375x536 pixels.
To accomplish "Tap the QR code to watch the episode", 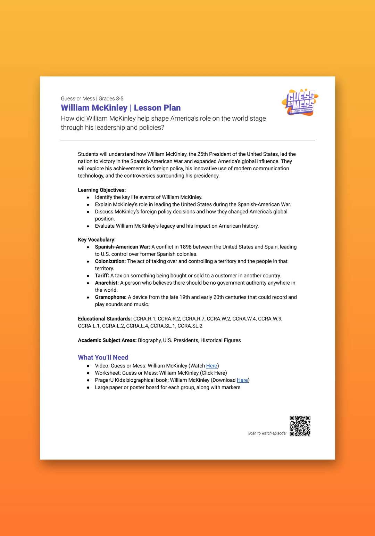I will click(300, 426).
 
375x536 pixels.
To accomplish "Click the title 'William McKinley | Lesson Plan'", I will click(121, 108).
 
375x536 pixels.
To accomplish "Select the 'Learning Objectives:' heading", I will click(102, 190).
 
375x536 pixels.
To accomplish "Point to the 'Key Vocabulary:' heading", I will click(97, 239).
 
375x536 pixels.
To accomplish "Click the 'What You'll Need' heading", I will click(103, 357).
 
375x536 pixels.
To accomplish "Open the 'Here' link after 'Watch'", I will click(211, 366).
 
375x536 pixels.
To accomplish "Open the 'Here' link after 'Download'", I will click(242, 380).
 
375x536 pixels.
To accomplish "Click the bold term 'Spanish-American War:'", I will click(122, 247).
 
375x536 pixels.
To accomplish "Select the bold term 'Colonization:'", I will click(110, 261).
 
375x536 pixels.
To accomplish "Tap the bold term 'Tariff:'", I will click(102, 276).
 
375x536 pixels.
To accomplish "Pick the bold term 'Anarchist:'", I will click(107, 283).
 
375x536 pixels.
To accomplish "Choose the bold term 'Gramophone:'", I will click(110, 297).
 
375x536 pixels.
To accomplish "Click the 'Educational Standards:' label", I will click(105, 319).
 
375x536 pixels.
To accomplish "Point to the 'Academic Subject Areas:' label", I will click(107, 340).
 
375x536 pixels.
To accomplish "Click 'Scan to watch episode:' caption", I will click(267, 433).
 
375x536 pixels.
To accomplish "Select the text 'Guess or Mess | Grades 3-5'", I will click(92, 99).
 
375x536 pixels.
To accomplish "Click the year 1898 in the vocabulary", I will click(186, 247).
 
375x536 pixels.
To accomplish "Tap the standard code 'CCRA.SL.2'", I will click(190, 326).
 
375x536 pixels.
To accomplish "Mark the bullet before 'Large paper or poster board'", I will click(88, 388).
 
